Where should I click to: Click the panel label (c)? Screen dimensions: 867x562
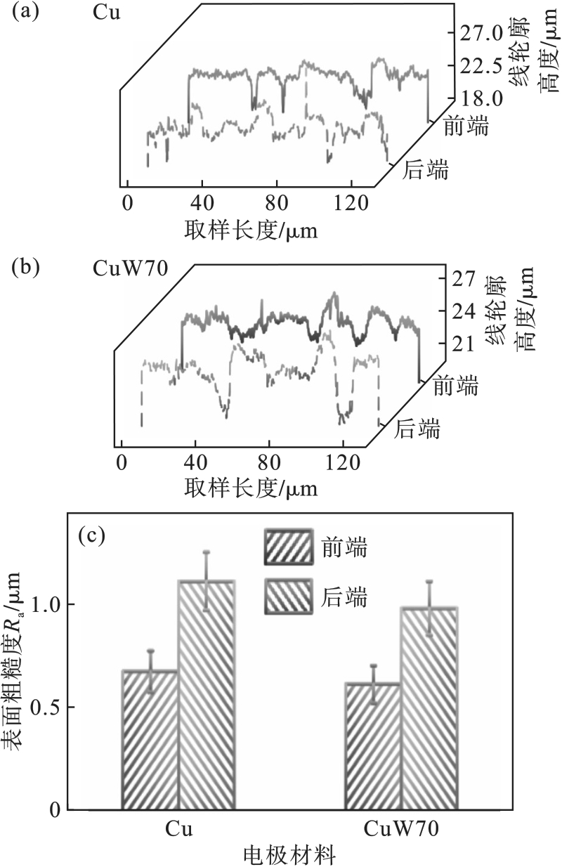tap(91, 536)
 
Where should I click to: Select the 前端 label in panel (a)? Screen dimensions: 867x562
tap(466, 126)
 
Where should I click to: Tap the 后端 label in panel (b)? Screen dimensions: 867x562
tap(417, 428)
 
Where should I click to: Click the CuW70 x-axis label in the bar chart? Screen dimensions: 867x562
tap(402, 830)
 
